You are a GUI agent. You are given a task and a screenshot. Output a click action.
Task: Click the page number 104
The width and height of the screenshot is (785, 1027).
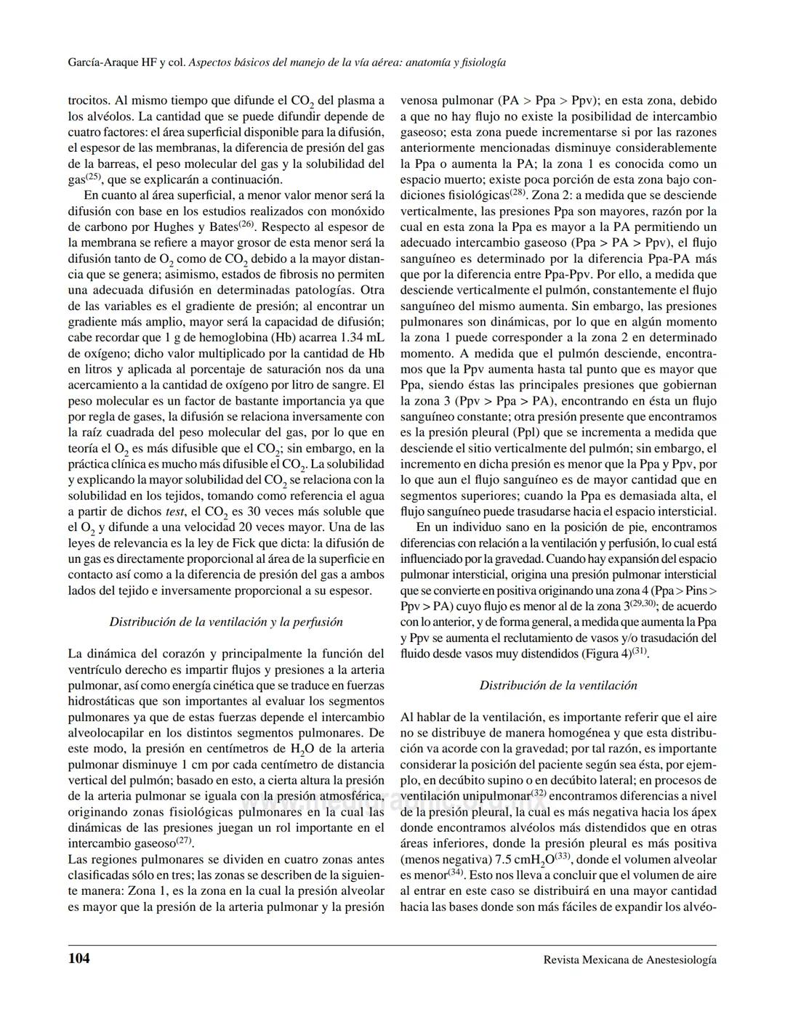79,959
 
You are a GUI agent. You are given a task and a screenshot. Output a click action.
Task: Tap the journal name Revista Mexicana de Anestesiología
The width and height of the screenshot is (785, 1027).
629,959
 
